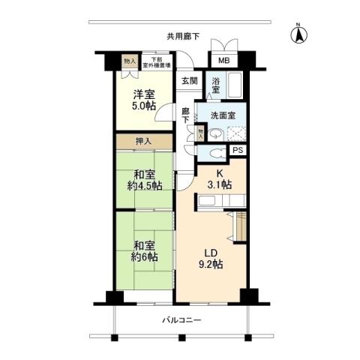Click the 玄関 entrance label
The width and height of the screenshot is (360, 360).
click(x=188, y=81)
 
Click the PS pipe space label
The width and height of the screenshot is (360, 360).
click(x=237, y=150)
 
